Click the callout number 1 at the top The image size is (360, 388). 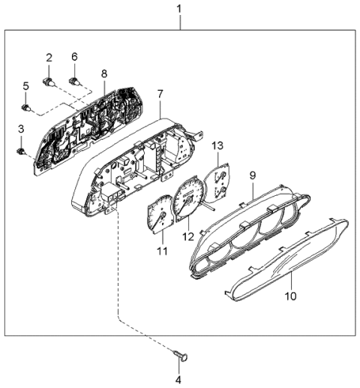click(178, 8)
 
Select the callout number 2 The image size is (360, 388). click(49, 58)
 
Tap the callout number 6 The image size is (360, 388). click(74, 57)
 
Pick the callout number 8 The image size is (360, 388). click(104, 73)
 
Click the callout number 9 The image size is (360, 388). click(253, 175)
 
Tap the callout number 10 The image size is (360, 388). click(291, 296)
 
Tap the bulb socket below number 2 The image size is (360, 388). click(49, 80)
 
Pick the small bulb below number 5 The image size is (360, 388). click(27, 107)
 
